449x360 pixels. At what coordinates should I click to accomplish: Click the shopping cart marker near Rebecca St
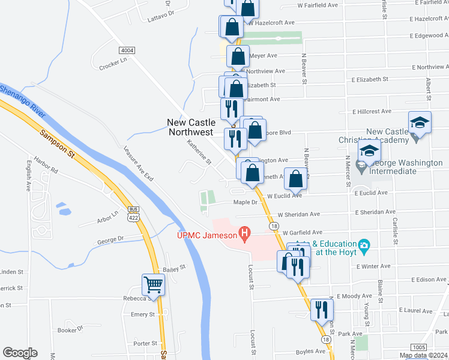154,285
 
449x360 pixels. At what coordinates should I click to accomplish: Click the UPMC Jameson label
206,235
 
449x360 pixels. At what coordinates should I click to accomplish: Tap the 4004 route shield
127,50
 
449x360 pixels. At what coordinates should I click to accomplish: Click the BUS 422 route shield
133,213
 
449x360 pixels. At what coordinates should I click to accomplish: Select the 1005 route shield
419,347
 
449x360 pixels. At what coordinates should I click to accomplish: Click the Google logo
20,353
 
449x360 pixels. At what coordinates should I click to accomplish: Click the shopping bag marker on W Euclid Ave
295,179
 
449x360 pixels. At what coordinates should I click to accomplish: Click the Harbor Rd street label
46,171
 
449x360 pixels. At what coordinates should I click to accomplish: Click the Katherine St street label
199,152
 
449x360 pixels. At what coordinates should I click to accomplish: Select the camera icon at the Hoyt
363,245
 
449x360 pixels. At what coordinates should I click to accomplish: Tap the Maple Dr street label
245,202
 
